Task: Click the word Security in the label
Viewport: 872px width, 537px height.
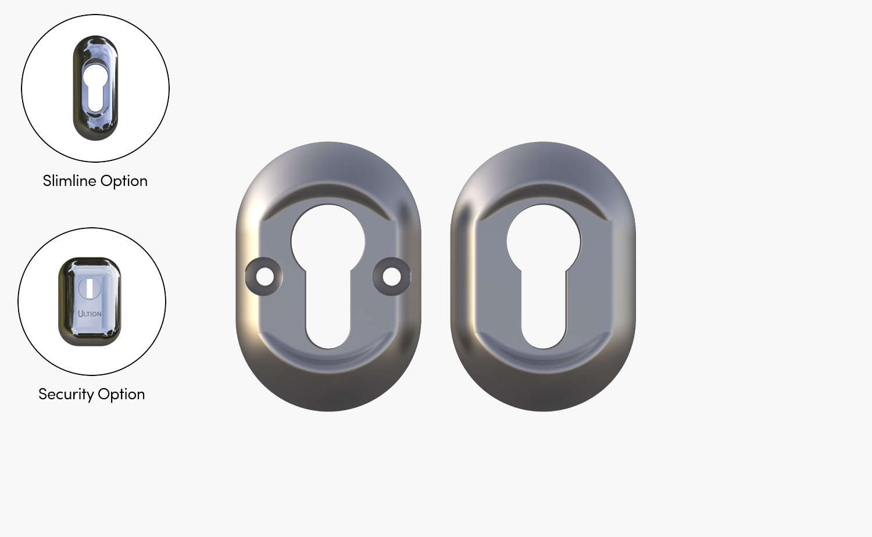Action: pyautogui.click(x=66, y=394)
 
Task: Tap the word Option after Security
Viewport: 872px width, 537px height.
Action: pyautogui.click(x=121, y=395)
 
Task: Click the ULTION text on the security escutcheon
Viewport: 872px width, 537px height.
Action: pyautogui.click(x=90, y=313)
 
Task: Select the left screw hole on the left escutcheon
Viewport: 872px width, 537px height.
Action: pyautogui.click(x=265, y=276)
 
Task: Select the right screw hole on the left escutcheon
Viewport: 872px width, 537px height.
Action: pyautogui.click(x=391, y=276)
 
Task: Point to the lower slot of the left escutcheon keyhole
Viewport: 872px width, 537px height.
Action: pyautogui.click(x=328, y=314)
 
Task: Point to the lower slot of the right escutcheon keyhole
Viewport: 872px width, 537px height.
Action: pyautogui.click(x=544, y=314)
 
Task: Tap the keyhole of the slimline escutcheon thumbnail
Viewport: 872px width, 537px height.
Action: pyautogui.click(x=95, y=87)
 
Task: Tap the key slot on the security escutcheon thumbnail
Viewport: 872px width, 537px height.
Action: pyautogui.click(x=90, y=287)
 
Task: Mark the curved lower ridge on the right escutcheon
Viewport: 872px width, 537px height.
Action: pyautogui.click(x=544, y=361)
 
